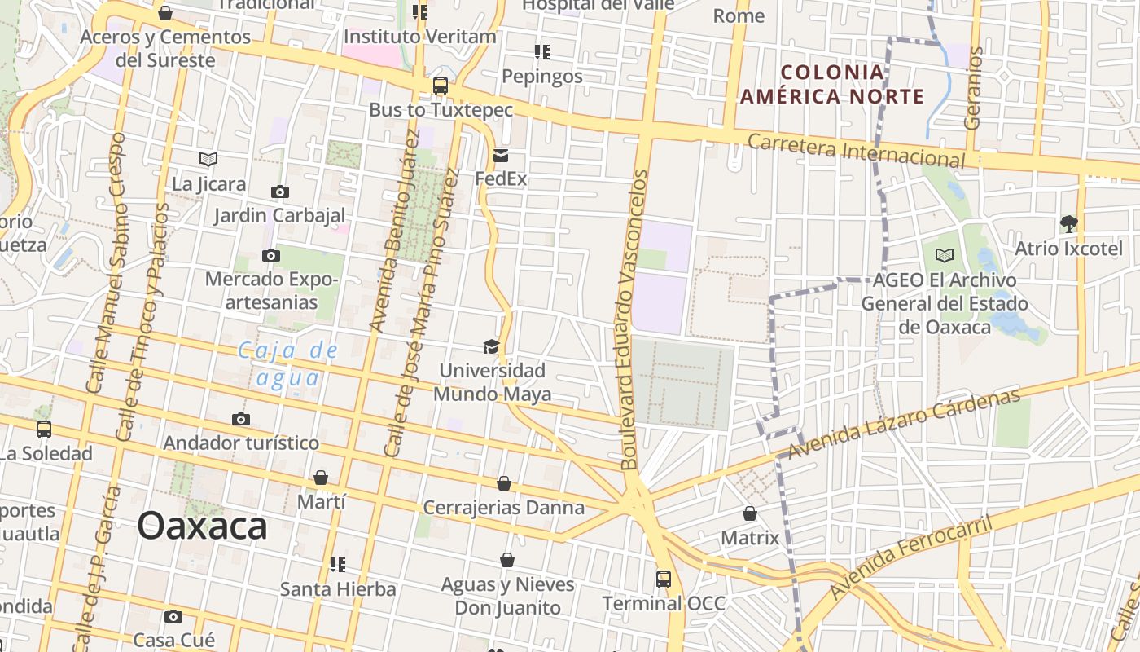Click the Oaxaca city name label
pos(202,526)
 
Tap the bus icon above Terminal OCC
pos(664,579)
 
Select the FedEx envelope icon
pos(501,156)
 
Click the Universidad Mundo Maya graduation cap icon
pos(491,347)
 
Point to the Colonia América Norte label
pos(832,84)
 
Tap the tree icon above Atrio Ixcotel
pos(1068,223)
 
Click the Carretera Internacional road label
pos(856,151)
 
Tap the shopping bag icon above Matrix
pos(750,514)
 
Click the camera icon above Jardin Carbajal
pos(279,192)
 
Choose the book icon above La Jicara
pos(208,160)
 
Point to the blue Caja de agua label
pos(287,364)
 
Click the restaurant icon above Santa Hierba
pos(338,564)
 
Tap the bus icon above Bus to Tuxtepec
pos(441,86)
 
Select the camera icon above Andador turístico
pos(241,420)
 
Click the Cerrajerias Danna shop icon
pos(504,484)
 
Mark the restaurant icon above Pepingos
pos(542,52)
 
